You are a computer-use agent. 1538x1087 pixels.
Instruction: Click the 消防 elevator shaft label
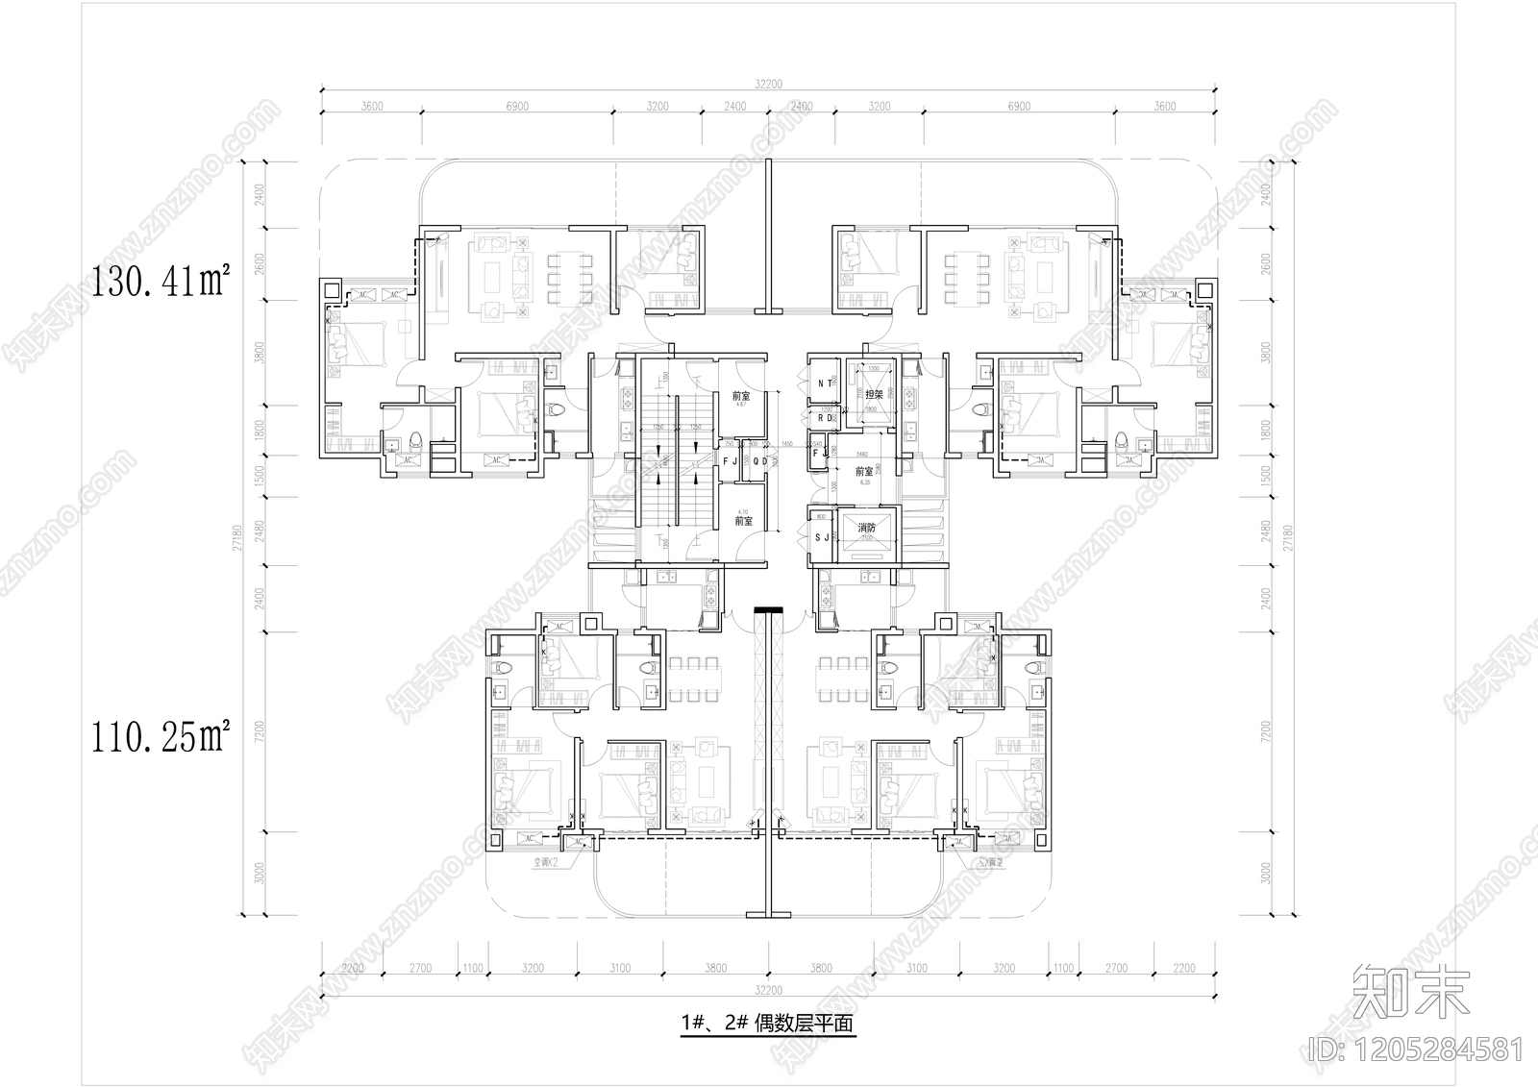click(x=866, y=528)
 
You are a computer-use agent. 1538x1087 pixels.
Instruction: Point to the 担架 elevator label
click(x=873, y=395)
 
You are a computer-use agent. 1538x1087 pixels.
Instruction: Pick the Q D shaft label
click(x=759, y=461)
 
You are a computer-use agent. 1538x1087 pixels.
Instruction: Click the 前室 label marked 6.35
click(x=864, y=472)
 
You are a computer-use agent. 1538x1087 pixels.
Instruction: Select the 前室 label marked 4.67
click(x=741, y=396)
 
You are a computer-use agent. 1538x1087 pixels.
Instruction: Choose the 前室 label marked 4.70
click(x=742, y=520)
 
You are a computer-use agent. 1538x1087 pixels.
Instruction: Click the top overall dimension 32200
click(x=769, y=85)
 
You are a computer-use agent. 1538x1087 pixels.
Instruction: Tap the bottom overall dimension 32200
click(x=769, y=989)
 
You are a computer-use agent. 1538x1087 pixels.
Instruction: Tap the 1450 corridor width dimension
click(x=786, y=445)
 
